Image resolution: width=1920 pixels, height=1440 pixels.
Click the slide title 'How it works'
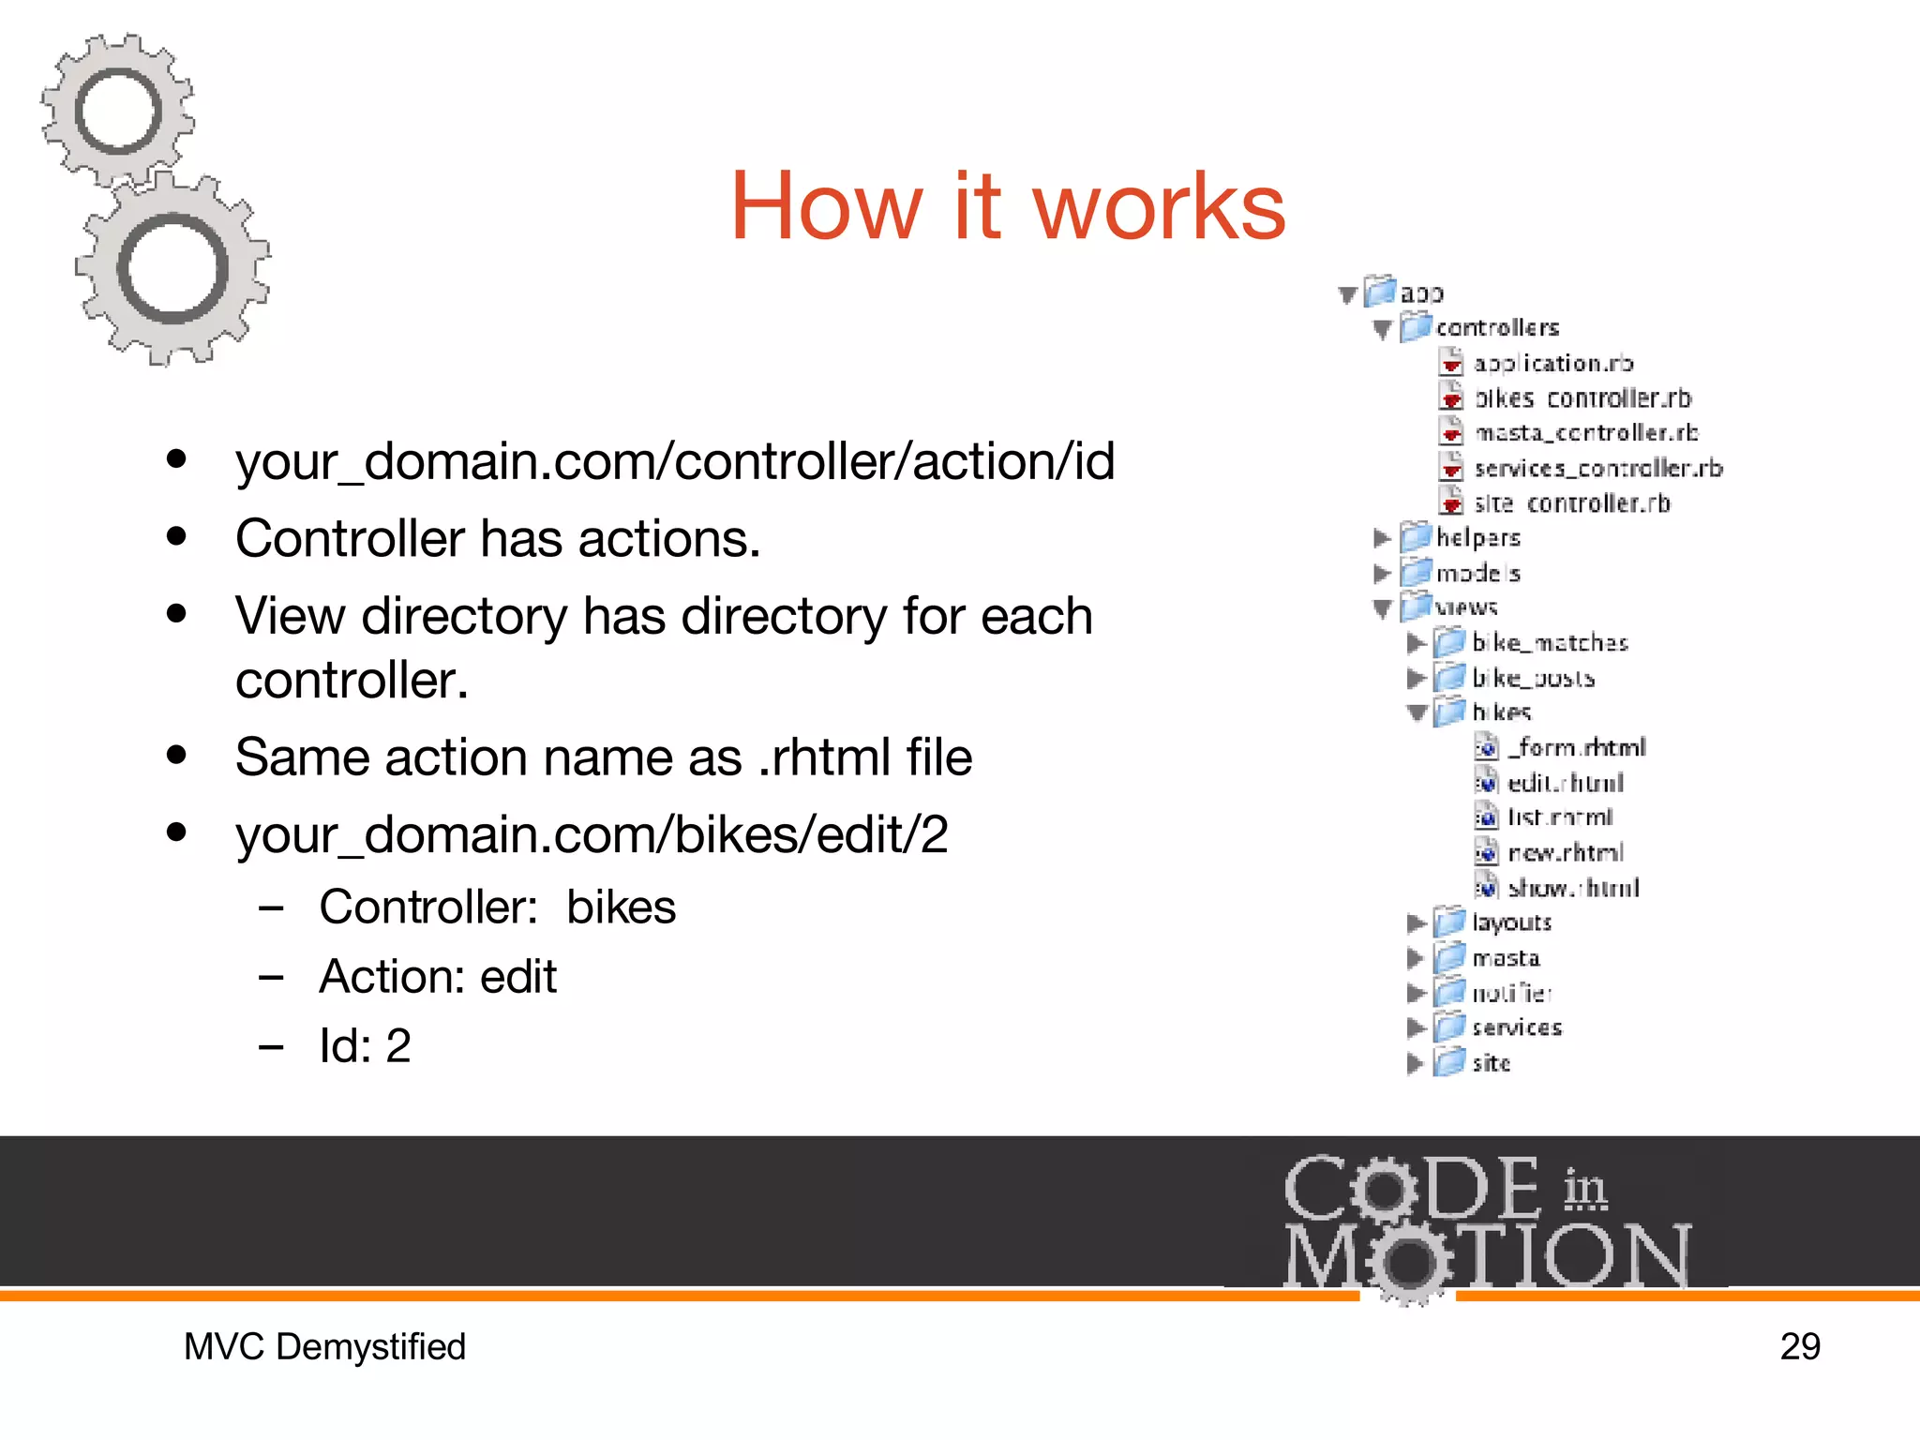pos(1008,206)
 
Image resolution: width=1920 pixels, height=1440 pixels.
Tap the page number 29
pos(1799,1346)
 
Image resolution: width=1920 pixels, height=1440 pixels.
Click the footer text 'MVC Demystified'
pos(324,1346)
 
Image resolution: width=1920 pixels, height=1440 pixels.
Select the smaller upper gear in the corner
pos(118,111)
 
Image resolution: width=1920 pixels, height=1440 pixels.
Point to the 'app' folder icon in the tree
pos(1380,292)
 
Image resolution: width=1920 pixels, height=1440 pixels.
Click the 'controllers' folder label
pos(1497,327)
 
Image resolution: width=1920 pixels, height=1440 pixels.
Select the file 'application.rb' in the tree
pos(1552,363)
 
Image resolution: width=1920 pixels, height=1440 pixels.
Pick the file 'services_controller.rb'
pos(1597,468)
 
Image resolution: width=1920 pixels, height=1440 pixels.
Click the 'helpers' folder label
pos(1478,537)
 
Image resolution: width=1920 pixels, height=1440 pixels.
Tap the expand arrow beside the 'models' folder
pos(1381,573)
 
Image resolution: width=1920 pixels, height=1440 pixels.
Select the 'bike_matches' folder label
pos(1550,642)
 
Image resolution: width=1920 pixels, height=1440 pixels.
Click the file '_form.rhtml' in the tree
pos(1577,747)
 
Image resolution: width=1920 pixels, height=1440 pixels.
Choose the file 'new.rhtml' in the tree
pos(1565,852)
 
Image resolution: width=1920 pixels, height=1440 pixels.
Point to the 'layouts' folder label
pos(1511,922)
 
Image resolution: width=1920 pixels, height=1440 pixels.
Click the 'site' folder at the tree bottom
pos(1491,1062)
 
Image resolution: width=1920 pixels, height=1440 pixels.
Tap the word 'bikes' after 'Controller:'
pos(621,907)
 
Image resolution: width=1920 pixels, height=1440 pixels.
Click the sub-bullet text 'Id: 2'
pos(365,1045)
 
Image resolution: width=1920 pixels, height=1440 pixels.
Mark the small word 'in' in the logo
pos(1584,1189)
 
